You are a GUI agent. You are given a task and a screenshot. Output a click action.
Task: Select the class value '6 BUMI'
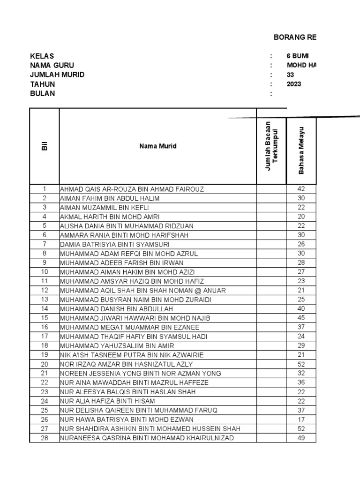pyautogui.click(x=298, y=56)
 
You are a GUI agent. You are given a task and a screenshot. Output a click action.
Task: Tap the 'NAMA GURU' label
pyautogui.click(x=52, y=66)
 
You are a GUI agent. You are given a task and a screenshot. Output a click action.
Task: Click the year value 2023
pyautogui.click(x=294, y=84)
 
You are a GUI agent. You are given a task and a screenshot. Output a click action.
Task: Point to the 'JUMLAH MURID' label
pyautogui.click(x=57, y=75)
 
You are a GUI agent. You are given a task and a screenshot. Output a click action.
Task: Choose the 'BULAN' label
pyautogui.click(x=43, y=94)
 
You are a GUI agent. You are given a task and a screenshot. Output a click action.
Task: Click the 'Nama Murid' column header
pyautogui.click(x=157, y=146)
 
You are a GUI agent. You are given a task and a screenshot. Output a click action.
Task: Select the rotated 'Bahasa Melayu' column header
pyautogui.click(x=301, y=150)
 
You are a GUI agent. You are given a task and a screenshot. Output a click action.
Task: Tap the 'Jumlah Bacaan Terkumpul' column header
pyautogui.click(x=271, y=146)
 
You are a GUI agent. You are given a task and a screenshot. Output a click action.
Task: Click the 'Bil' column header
pyautogui.click(x=45, y=146)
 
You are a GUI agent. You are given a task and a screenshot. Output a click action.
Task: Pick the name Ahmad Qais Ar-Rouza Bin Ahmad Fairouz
pyautogui.click(x=132, y=189)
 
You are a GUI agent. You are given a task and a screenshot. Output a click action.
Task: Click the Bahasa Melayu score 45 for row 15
pyautogui.click(x=301, y=318)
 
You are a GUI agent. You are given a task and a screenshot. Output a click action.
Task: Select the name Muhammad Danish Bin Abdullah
pyautogui.click(x=117, y=309)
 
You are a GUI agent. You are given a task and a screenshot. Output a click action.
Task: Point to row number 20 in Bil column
pyautogui.click(x=45, y=364)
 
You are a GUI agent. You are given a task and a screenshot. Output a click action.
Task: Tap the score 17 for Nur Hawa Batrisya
pyautogui.click(x=301, y=420)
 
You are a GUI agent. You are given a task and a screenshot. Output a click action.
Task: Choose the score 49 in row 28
pyautogui.click(x=301, y=438)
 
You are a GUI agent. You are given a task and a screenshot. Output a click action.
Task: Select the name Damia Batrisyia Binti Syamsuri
pyautogui.click(x=115, y=244)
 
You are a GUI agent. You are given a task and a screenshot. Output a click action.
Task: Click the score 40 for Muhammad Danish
pyautogui.click(x=301, y=309)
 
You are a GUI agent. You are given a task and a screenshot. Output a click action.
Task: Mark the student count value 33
pyautogui.click(x=291, y=75)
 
